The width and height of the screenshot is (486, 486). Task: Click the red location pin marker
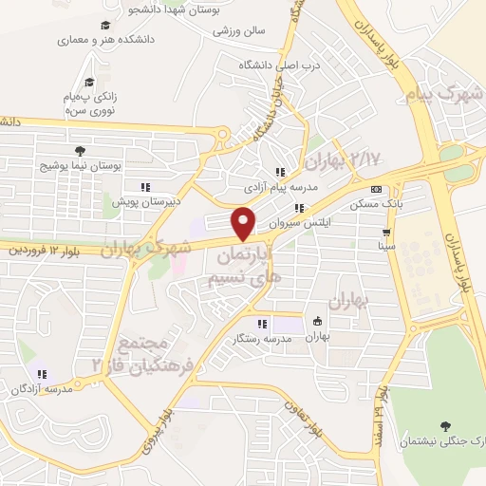point(245,223)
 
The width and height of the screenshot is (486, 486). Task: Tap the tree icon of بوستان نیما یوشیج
point(79,150)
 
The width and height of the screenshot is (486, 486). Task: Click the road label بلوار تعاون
point(332,418)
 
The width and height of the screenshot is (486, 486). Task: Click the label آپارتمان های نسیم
point(245,265)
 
